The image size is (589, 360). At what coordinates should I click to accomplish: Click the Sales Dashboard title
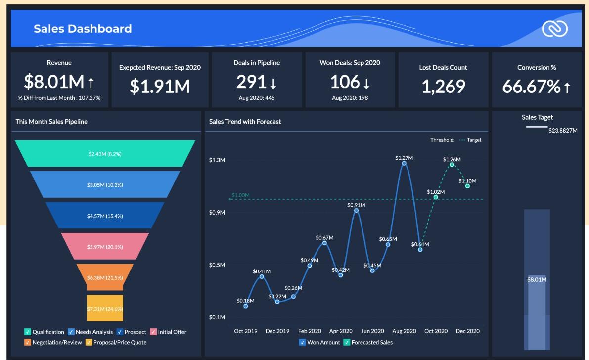(83, 29)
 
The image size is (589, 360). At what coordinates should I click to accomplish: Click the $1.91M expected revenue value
(160, 86)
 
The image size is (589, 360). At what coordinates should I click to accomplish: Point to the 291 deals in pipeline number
(251, 82)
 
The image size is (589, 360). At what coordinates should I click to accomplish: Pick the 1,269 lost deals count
(444, 86)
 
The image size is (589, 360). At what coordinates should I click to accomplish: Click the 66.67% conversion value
(531, 87)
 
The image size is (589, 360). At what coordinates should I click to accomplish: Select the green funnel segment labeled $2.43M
(105, 154)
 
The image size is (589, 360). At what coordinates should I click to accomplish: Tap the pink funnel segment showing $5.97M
(105, 247)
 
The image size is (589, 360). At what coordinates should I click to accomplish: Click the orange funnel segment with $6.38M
(105, 277)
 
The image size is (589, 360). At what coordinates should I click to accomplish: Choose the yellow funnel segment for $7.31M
(105, 309)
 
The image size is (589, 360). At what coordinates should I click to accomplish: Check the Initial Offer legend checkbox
(153, 332)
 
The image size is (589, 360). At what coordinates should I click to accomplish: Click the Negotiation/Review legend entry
(28, 342)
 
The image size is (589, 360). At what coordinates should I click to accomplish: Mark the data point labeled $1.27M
(404, 163)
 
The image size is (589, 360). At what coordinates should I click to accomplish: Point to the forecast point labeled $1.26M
(452, 164)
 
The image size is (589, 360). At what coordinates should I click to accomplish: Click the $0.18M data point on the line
(246, 306)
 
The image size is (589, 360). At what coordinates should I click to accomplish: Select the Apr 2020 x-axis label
(341, 331)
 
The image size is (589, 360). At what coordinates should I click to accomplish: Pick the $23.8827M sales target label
(563, 131)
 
